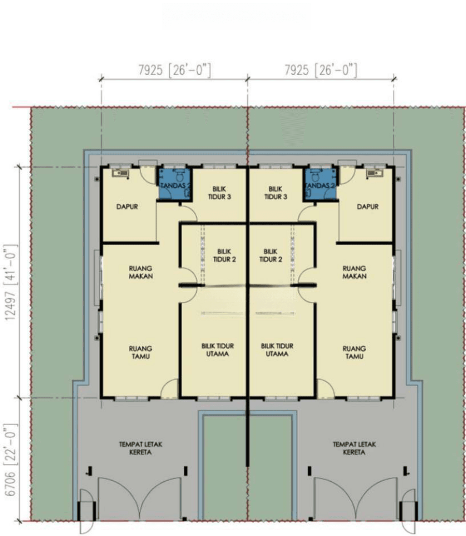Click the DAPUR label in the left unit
tap(127, 207)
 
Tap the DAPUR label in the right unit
tap(367, 207)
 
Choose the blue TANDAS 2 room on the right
tap(320, 184)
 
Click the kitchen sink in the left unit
tap(120, 173)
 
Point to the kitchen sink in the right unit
tap(375, 173)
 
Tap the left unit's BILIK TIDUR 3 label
tap(219, 193)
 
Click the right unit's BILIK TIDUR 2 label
tap(271, 255)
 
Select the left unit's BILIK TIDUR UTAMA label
tap(217, 350)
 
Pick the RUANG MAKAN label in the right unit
tap(355, 272)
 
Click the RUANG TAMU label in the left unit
tap(140, 352)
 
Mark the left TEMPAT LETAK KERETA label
tap(140, 448)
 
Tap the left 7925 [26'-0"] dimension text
tap(174, 70)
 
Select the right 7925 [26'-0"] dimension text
tap(321, 70)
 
